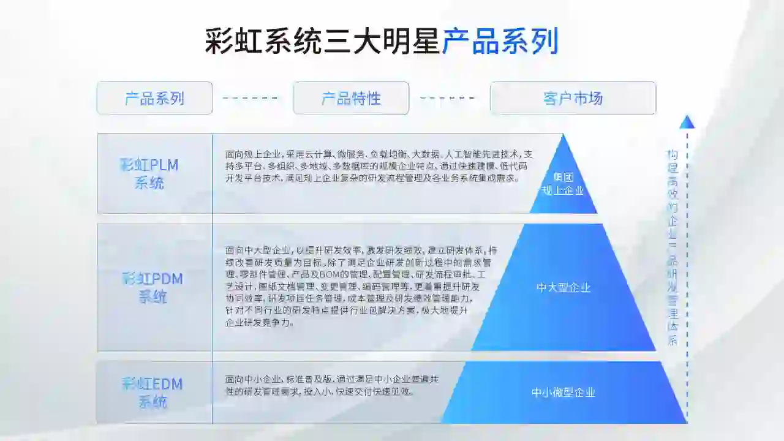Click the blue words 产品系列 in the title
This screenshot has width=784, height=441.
500,42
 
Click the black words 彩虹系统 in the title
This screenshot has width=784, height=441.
263,42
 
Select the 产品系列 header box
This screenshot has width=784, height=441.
154,98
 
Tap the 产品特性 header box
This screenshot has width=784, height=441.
351,98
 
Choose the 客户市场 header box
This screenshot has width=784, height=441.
573,98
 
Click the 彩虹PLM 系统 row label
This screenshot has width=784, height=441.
149,173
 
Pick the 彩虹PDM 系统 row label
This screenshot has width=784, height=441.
153,288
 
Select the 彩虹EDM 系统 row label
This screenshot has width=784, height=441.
153,393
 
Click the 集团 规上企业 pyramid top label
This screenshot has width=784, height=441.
563,184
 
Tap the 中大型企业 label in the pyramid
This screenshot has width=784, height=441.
563,287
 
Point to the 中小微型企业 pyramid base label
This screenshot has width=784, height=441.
563,393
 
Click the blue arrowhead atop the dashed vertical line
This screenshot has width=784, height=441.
687,122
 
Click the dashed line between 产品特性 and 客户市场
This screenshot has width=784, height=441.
448,98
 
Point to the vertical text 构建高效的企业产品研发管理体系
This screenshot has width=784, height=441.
673,247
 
